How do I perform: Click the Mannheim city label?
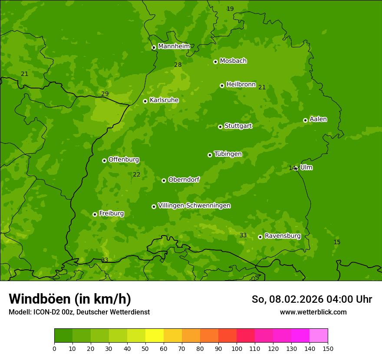click(x=174, y=46)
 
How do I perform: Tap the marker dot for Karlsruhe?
click(x=145, y=101)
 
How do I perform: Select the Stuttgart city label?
click(x=238, y=126)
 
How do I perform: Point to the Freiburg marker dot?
click(x=95, y=214)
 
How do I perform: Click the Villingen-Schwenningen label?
click(x=194, y=206)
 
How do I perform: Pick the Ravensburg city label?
click(x=282, y=236)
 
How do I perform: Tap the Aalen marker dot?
click(x=305, y=120)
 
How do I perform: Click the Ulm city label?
click(x=306, y=167)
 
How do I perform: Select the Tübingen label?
click(x=227, y=154)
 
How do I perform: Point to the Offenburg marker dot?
click(x=104, y=160)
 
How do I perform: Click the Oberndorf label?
click(x=184, y=180)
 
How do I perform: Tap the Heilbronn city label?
click(x=240, y=85)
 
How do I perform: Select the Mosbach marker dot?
click(x=215, y=62)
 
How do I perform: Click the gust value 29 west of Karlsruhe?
click(x=105, y=94)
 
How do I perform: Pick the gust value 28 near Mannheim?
click(x=178, y=65)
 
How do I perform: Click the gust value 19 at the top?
click(x=230, y=9)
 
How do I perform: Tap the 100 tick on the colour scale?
click(x=237, y=349)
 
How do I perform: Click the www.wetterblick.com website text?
click(x=313, y=312)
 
